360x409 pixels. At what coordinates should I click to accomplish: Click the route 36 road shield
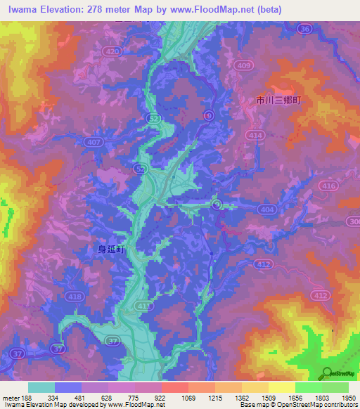304,29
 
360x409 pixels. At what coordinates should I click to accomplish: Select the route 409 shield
243,66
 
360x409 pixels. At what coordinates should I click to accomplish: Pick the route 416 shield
328,186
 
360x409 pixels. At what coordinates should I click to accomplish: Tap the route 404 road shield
266,209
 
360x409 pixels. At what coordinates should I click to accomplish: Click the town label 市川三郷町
278,101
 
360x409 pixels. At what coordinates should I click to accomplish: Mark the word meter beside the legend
10,398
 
